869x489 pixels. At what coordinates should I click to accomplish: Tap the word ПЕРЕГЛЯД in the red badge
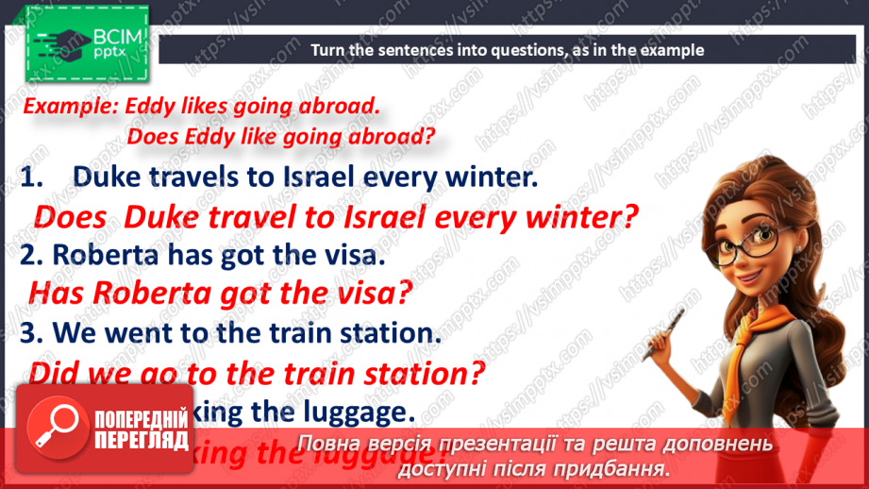pos(141,438)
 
